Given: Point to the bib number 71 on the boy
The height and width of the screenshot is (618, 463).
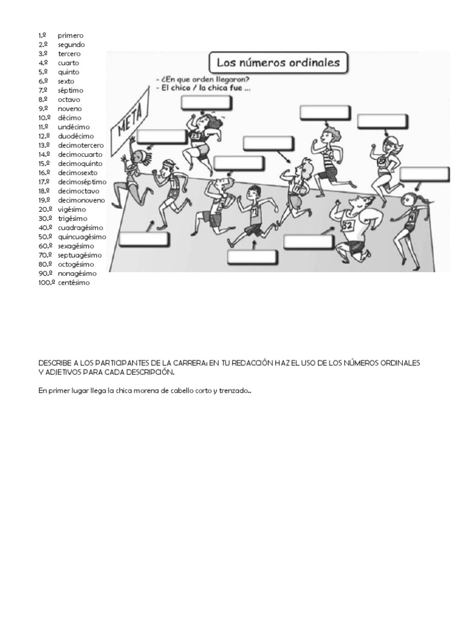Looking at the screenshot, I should (x=254, y=212).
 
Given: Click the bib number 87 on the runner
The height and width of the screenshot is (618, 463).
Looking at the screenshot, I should (x=382, y=161).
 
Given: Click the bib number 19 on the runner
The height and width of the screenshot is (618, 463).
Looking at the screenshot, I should (x=297, y=188).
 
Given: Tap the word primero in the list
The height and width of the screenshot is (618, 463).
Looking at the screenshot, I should (x=71, y=36).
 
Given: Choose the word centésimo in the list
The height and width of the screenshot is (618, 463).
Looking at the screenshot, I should (x=74, y=282).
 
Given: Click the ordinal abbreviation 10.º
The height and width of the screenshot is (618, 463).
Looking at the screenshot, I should (x=44, y=118).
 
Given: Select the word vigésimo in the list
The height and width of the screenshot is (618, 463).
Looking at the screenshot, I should (x=72, y=209).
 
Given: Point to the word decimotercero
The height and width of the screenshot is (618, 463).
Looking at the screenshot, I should (x=81, y=145).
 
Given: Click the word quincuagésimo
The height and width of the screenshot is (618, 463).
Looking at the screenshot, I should (x=82, y=237).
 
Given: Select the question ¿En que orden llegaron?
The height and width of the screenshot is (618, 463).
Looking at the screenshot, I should (x=203, y=79).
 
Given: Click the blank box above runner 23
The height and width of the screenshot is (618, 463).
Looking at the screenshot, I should (x=206, y=103).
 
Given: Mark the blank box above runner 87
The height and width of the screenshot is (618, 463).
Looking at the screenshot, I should (x=379, y=121).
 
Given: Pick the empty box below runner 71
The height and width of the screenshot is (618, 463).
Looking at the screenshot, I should (x=253, y=258).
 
